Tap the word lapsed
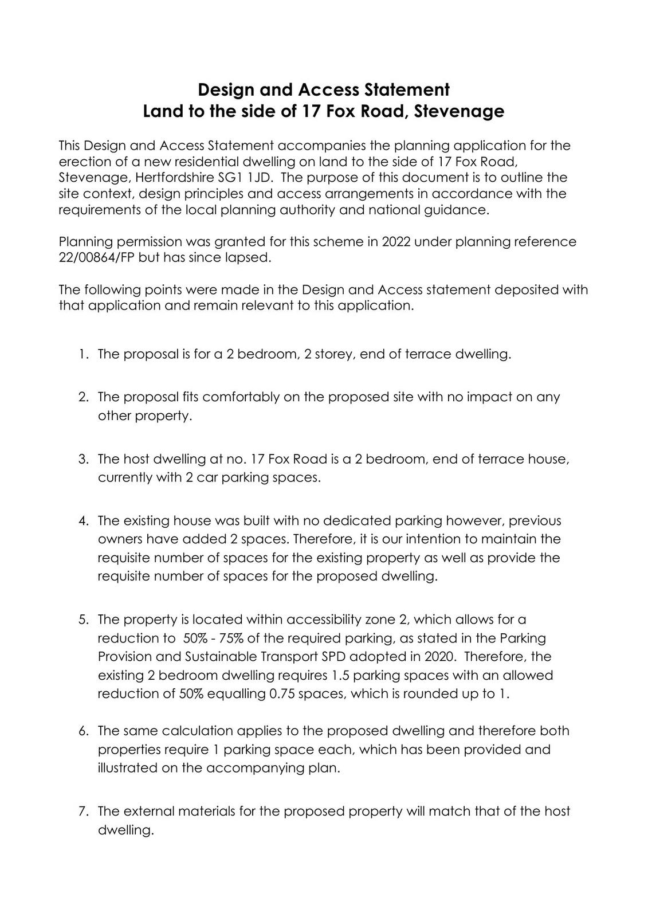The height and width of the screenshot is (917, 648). coord(248,257)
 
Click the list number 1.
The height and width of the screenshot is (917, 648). coord(84,354)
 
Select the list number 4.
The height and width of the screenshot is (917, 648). coord(84,520)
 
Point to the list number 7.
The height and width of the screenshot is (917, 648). coord(84,811)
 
